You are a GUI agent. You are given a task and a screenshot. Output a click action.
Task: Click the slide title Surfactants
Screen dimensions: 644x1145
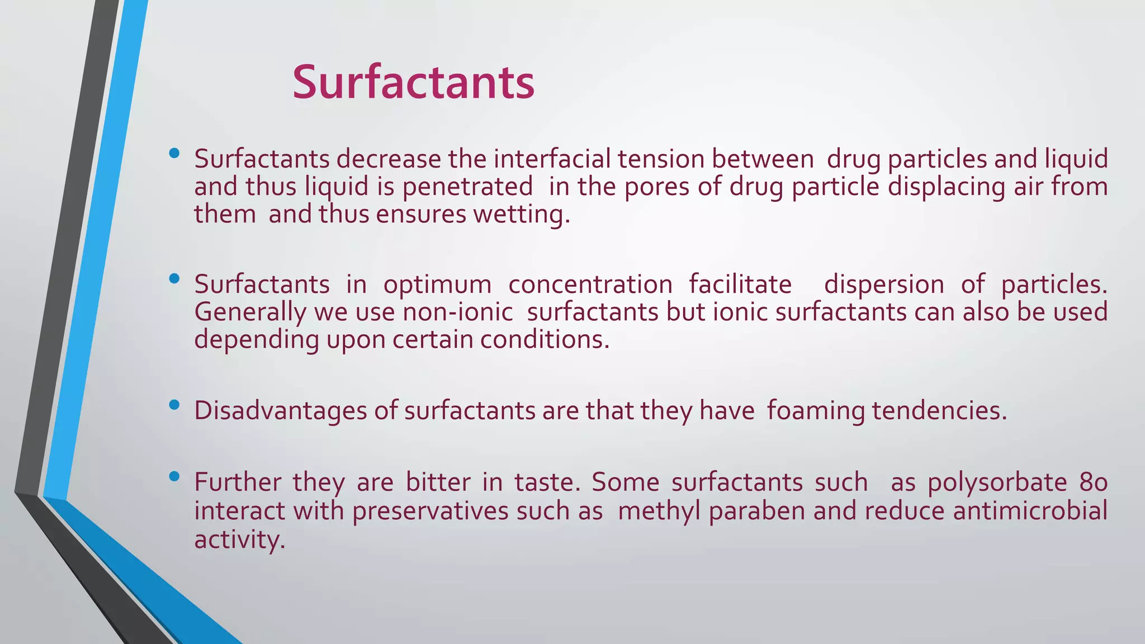tap(413, 83)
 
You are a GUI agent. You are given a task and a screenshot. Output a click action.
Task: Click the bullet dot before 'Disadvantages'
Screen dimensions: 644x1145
tap(174, 404)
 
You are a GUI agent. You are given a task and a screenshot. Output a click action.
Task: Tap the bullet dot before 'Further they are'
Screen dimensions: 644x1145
tap(174, 476)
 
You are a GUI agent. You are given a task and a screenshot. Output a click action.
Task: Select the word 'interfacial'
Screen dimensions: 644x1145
tap(554, 159)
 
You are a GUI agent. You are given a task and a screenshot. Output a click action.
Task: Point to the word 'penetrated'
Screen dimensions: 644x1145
tap(467, 187)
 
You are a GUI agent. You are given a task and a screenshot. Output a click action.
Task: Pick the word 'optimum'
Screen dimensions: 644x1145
tap(437, 285)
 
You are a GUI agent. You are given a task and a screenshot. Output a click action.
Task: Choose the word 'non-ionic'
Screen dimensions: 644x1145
tap(458, 312)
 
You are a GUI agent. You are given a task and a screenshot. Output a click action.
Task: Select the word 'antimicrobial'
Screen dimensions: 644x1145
tap(1030, 511)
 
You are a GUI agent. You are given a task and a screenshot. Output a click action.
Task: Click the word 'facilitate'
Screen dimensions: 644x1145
tap(740, 285)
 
